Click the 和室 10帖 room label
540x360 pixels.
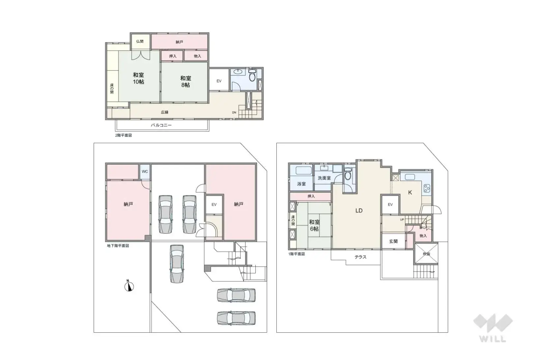click(138, 78)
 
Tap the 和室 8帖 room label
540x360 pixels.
click(185, 81)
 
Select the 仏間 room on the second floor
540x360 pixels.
click(140, 42)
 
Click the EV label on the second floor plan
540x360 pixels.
click(219, 81)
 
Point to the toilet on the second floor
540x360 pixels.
click(252, 76)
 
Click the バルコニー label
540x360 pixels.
click(161, 125)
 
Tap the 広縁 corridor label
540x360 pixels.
click(165, 112)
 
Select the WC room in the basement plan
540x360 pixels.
click(145, 172)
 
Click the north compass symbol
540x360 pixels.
click(129, 286)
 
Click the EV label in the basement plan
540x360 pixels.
click(214, 205)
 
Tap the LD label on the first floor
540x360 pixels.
click(359, 210)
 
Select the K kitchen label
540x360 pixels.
click(410, 192)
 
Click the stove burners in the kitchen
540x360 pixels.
click(427, 188)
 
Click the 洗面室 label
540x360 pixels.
click(324, 178)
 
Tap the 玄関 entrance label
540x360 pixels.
click(393, 241)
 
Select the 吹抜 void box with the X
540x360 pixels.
click(426, 253)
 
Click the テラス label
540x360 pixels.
click(360, 257)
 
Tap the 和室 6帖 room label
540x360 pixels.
click(314, 225)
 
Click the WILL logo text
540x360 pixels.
click(493, 339)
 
